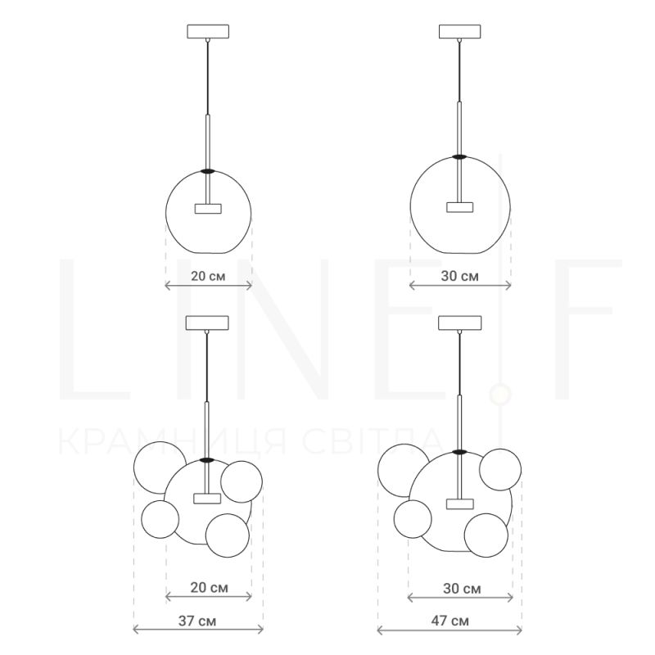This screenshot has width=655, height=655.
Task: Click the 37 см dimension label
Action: (x=197, y=621)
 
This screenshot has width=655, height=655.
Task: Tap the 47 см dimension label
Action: (x=449, y=621)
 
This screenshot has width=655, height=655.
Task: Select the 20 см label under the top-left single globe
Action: (x=208, y=276)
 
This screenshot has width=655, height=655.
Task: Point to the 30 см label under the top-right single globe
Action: (x=460, y=276)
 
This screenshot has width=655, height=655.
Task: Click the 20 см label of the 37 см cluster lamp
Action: (x=210, y=588)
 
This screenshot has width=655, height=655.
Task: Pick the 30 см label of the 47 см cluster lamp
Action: (x=462, y=589)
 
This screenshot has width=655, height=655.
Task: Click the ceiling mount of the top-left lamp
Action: (x=208, y=31)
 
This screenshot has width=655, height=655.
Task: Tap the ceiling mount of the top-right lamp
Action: (x=460, y=31)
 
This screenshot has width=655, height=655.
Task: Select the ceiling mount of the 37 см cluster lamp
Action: (x=207, y=323)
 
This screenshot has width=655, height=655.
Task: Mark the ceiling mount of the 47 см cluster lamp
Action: (x=460, y=323)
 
